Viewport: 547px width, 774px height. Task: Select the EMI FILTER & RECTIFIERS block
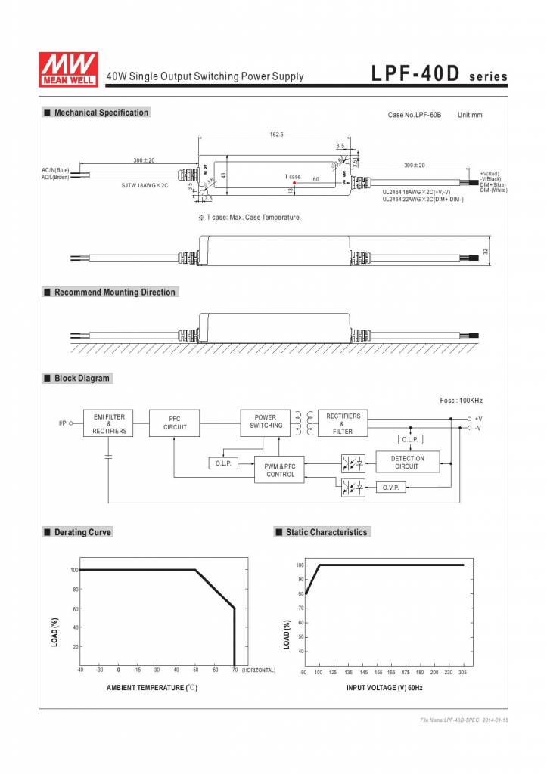[x=110, y=423]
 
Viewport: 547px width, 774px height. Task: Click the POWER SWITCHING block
[x=266, y=422]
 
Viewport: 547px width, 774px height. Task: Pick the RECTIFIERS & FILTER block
[x=343, y=423]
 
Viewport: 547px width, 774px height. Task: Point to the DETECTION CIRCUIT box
[x=407, y=463]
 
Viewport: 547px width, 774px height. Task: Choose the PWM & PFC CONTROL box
[x=280, y=470]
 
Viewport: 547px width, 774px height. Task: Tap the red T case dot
[x=294, y=183]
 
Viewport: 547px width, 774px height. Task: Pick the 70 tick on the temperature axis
[x=235, y=670]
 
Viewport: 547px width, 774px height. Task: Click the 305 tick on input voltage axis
[x=462, y=671]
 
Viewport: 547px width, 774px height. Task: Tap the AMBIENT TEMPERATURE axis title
[x=151, y=687]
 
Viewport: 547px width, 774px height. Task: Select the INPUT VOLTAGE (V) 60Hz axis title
[x=384, y=687]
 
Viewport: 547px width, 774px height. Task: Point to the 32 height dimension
[x=485, y=251]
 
